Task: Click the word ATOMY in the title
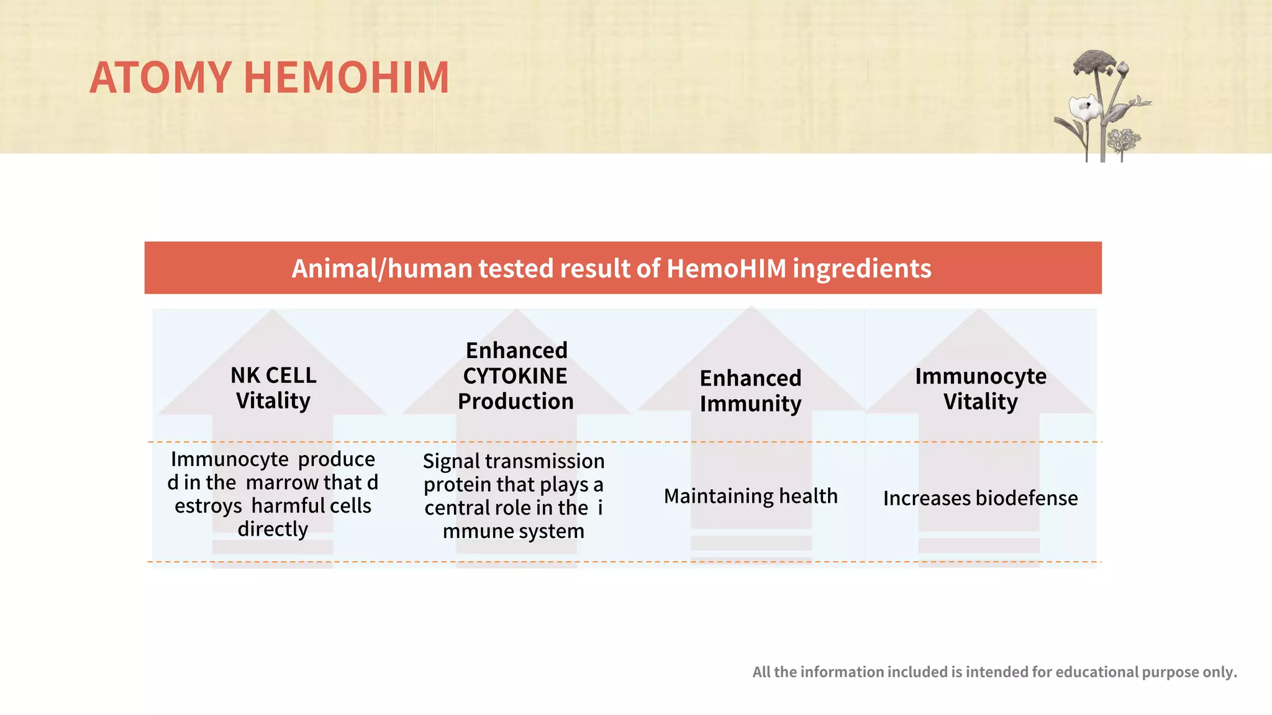[x=160, y=78]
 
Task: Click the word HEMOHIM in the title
[x=346, y=78]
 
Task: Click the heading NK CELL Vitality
[x=273, y=388]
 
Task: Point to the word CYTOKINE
[x=515, y=376]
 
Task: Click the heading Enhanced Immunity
[x=750, y=390]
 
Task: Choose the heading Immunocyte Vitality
[x=980, y=389]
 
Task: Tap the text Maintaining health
[x=750, y=496]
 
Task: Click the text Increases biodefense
[x=980, y=498]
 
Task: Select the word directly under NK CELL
[x=273, y=529]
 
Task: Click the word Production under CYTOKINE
[x=516, y=402]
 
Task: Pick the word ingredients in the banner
[x=861, y=269]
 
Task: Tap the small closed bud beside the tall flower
[x=1123, y=68]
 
